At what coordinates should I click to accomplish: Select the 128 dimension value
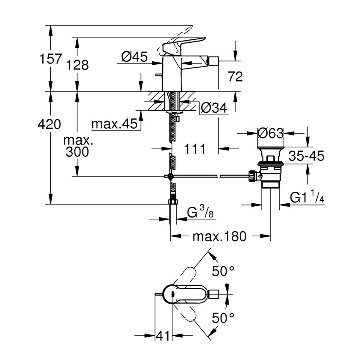tap(78, 65)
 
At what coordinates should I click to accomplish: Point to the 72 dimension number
tap(235, 77)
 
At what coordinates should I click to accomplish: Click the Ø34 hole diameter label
tap(214, 108)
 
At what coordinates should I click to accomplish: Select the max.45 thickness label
tap(115, 124)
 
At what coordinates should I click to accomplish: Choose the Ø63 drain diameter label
tap(270, 133)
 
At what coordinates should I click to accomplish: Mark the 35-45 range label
tap(306, 156)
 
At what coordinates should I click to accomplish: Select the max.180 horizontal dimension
tap(219, 236)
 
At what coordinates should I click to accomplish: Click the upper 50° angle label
tap(223, 271)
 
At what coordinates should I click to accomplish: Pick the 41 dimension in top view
tap(163, 336)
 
